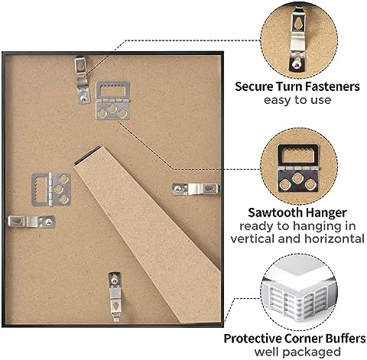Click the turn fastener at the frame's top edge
coord(83,80)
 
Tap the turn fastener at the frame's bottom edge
coord(115,297)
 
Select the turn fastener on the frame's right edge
coord(196,189)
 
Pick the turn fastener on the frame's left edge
coord(31,222)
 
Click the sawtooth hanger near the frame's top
coord(112,100)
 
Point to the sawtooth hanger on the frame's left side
coord(51,190)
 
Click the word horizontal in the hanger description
coord(334,239)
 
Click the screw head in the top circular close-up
coord(297,64)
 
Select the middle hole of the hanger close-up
coord(297,178)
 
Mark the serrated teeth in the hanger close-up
coord(297,151)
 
